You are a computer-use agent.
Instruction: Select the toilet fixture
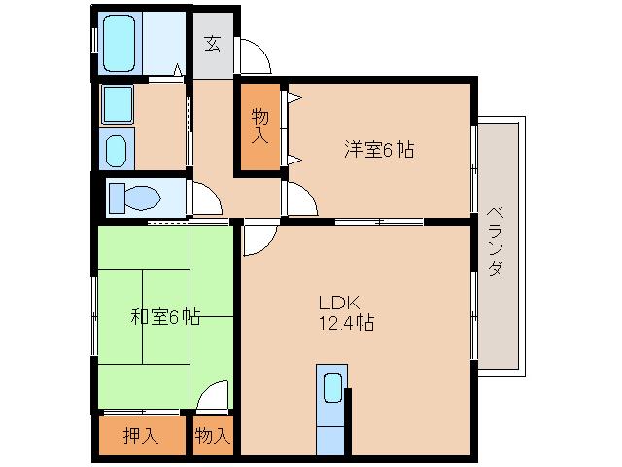click(135, 198)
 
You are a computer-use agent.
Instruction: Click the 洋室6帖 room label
click(378, 150)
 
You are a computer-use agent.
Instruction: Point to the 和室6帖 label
click(165, 316)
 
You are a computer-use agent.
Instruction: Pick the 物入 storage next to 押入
click(213, 436)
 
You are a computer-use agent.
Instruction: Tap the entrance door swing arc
click(255, 56)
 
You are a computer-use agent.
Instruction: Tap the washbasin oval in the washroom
click(116, 151)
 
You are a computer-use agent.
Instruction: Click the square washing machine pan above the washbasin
click(117, 102)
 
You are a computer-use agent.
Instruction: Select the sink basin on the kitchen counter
click(331, 387)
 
